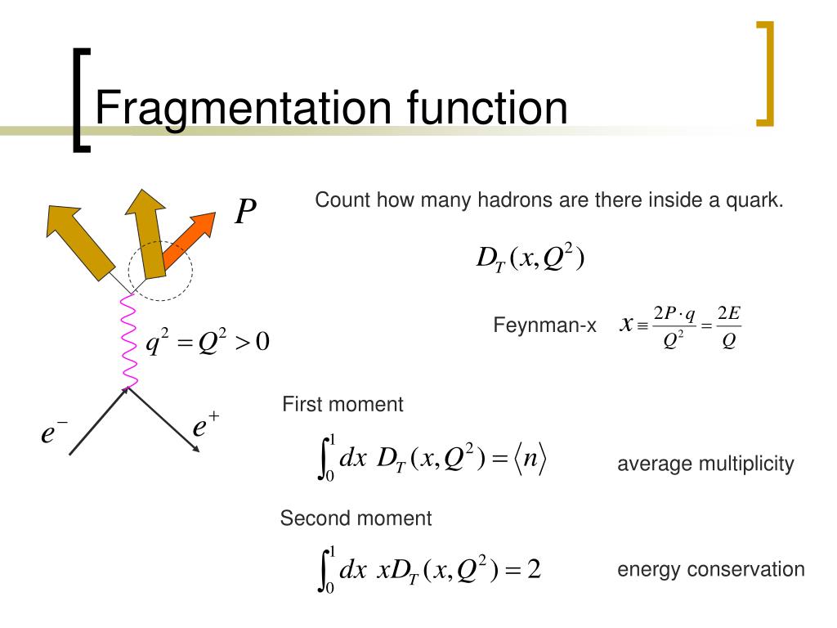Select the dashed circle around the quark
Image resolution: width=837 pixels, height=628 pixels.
click(161, 270)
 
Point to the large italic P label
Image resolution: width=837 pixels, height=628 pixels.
click(245, 213)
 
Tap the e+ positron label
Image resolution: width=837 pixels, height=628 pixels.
click(205, 427)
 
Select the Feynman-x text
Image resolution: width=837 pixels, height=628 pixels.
click(544, 325)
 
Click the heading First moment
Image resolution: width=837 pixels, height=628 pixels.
click(342, 404)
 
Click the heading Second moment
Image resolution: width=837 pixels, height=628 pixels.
click(356, 518)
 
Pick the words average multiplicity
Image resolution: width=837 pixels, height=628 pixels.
click(705, 464)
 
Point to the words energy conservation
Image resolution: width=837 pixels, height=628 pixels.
click(710, 569)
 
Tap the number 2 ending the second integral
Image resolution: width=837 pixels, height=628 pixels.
click(534, 569)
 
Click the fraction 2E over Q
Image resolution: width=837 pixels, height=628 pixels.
click(728, 327)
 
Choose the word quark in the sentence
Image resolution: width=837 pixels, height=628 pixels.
click(757, 200)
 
